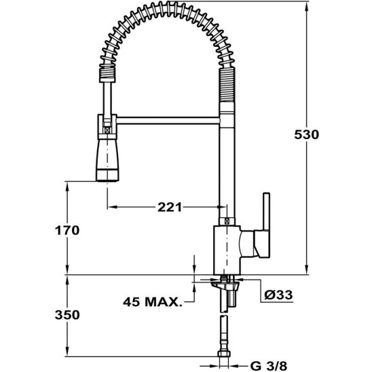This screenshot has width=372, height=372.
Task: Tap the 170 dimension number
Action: tap(67, 230)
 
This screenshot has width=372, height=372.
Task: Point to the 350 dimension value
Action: tap(67, 315)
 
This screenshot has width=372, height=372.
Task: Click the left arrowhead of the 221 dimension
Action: tap(109, 206)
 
